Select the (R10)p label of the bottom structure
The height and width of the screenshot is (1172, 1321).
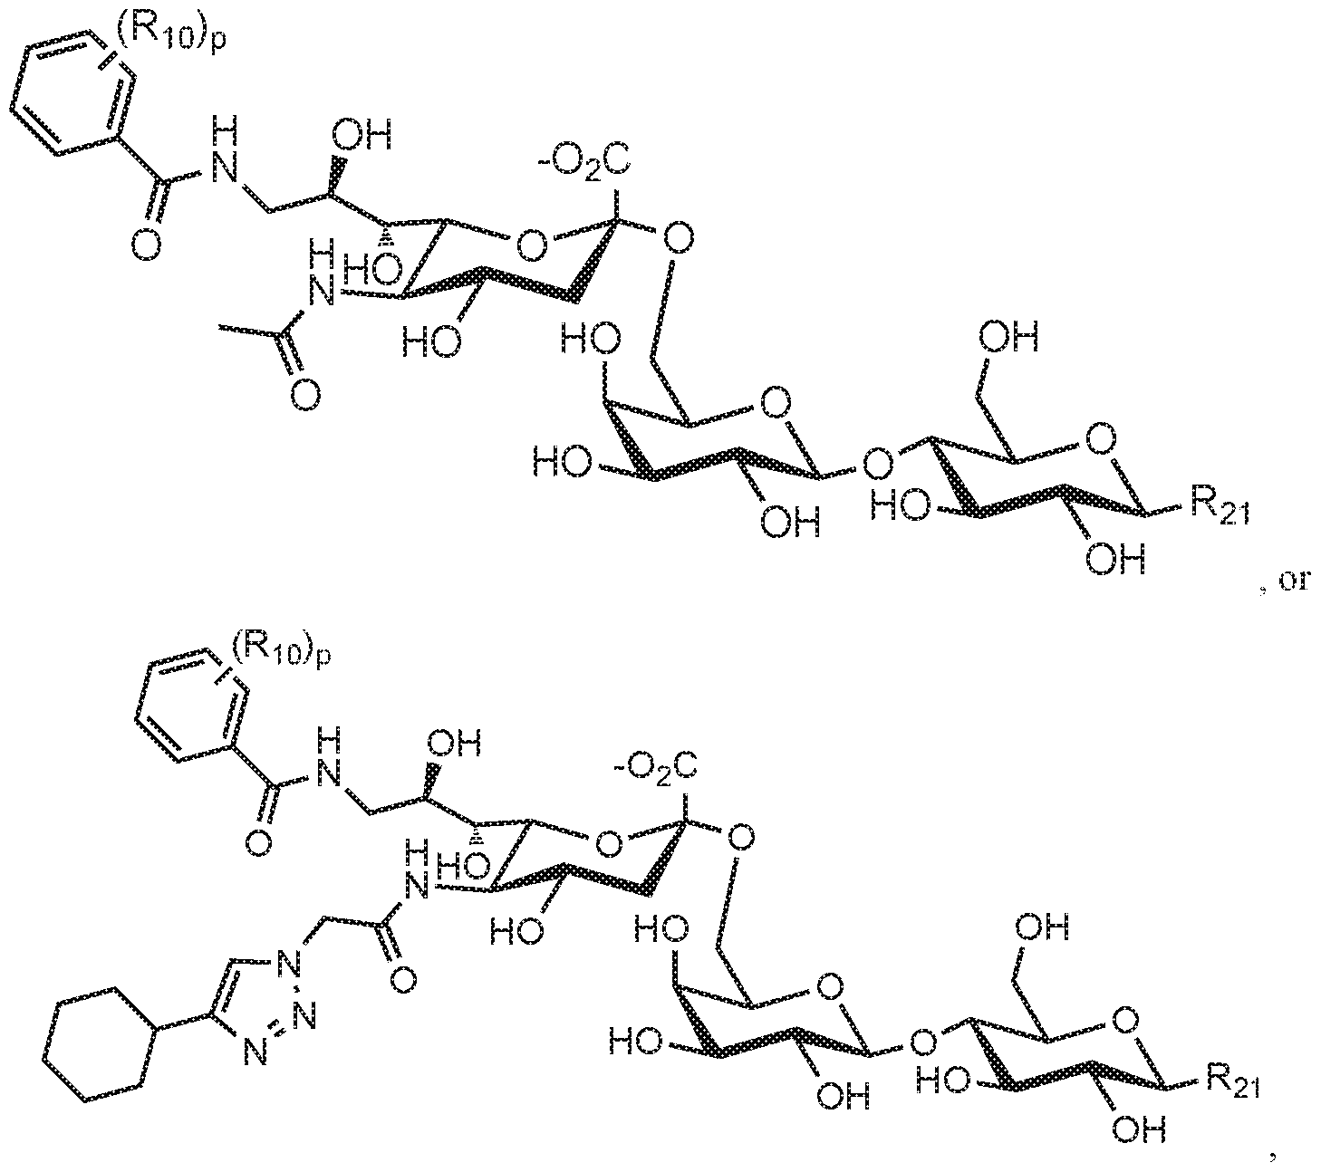pos(282,647)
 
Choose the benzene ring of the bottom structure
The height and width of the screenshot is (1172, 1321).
pos(190,709)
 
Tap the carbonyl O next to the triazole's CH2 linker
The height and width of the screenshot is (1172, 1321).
pos(405,978)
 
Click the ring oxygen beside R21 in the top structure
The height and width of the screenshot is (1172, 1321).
pos(1099,440)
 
